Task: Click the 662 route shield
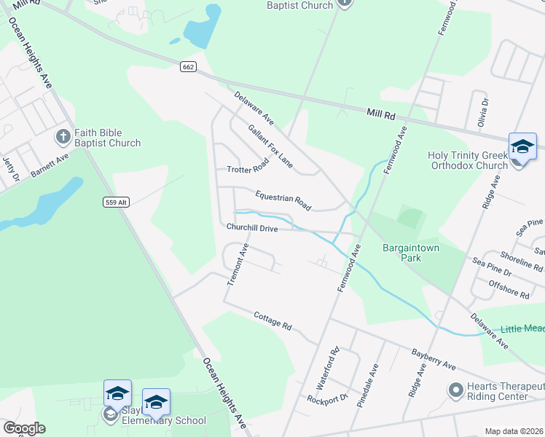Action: coord(188,67)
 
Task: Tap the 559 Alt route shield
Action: coord(115,202)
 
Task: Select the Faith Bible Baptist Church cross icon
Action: coord(63,135)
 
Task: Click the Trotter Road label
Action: coord(248,169)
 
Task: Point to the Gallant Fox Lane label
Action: coord(270,146)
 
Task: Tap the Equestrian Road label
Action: coord(283,201)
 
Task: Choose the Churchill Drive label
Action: coord(252,228)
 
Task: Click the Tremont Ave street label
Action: coord(238,264)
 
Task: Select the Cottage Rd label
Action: coord(272,320)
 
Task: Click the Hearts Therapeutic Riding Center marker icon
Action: coord(455,390)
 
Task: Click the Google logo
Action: coord(23,428)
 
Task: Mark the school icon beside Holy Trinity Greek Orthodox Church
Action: coord(522,147)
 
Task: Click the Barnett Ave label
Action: coord(50,165)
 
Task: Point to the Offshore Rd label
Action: coord(509,288)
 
